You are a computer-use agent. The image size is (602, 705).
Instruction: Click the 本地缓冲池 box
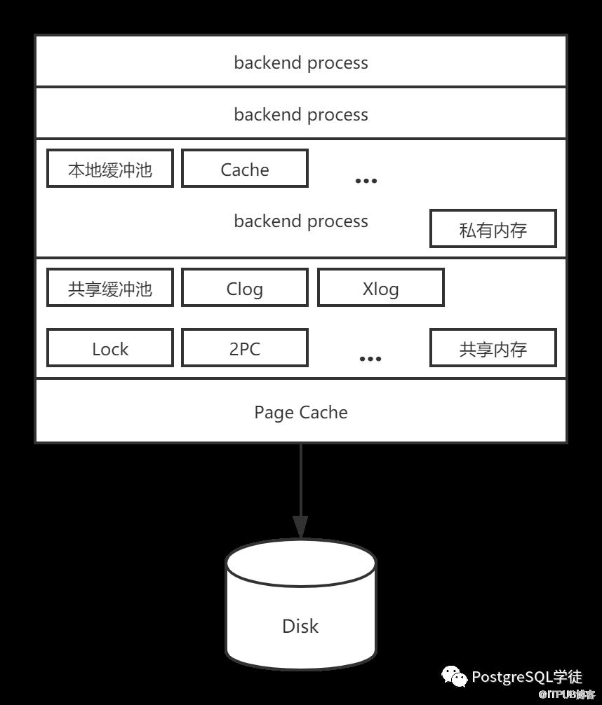tap(110, 169)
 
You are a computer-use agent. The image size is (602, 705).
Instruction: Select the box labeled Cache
tap(244, 169)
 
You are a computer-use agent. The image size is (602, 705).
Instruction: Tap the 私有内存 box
tap(493, 229)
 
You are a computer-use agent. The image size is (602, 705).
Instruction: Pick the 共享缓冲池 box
tap(110, 288)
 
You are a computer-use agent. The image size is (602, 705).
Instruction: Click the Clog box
tap(244, 288)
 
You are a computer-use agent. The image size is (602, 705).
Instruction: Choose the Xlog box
tap(380, 288)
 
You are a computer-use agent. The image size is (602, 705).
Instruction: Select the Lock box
tap(110, 348)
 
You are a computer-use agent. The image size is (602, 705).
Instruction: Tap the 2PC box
tap(244, 348)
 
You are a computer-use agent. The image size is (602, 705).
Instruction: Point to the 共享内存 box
tap(493, 348)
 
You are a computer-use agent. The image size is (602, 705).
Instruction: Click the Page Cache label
tap(300, 412)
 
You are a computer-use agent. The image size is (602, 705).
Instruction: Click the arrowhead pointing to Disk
tap(300, 526)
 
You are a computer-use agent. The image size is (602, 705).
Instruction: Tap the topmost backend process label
tap(300, 62)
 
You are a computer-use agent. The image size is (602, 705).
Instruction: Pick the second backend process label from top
tap(300, 114)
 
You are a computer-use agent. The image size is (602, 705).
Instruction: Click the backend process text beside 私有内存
tap(300, 221)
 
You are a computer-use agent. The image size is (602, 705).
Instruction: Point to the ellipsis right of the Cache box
tap(366, 181)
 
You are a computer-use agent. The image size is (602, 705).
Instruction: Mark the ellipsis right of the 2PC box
tap(370, 359)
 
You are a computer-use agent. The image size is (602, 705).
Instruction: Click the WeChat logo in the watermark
tap(454, 677)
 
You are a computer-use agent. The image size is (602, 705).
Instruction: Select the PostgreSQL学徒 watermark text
tap(526, 677)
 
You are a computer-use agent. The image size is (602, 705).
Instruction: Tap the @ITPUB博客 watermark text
tap(561, 694)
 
